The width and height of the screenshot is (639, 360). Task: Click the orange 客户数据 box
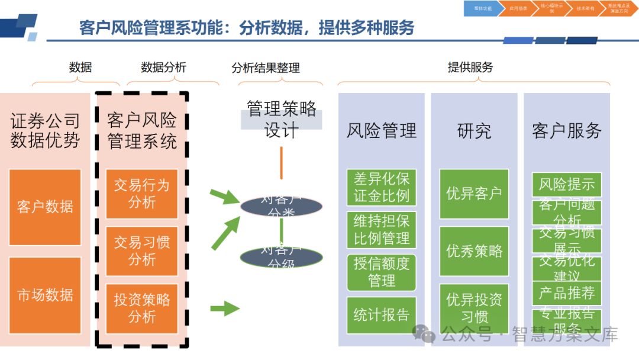pos(45,207)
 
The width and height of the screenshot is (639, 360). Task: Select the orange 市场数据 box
pos(45,294)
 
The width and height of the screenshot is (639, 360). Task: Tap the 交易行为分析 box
pos(141,194)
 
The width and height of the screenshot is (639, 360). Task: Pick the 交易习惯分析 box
pos(141,250)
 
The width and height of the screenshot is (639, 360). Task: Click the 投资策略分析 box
pos(141,308)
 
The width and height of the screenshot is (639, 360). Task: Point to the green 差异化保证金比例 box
pos(382,187)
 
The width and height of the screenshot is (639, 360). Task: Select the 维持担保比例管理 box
pos(382,230)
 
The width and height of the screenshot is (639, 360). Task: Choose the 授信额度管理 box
pos(382,272)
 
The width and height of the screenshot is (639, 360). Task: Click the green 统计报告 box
pos(382,314)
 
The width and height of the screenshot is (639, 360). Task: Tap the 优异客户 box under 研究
pos(474,194)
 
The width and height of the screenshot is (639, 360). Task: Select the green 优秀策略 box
pos(474,250)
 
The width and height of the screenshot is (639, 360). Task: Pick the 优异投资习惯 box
pos(474,308)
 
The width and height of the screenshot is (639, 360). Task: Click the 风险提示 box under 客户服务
pos(566,184)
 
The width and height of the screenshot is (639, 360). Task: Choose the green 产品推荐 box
pos(566,293)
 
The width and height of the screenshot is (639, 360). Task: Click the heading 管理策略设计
pos(281,119)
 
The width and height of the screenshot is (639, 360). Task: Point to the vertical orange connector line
pos(281,163)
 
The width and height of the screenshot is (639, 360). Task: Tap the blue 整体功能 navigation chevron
pos(482,8)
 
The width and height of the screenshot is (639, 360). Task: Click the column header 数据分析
pos(163,67)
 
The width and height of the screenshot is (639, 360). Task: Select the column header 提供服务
pos(470,67)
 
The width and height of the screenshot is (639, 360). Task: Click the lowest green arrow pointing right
pos(224,308)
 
